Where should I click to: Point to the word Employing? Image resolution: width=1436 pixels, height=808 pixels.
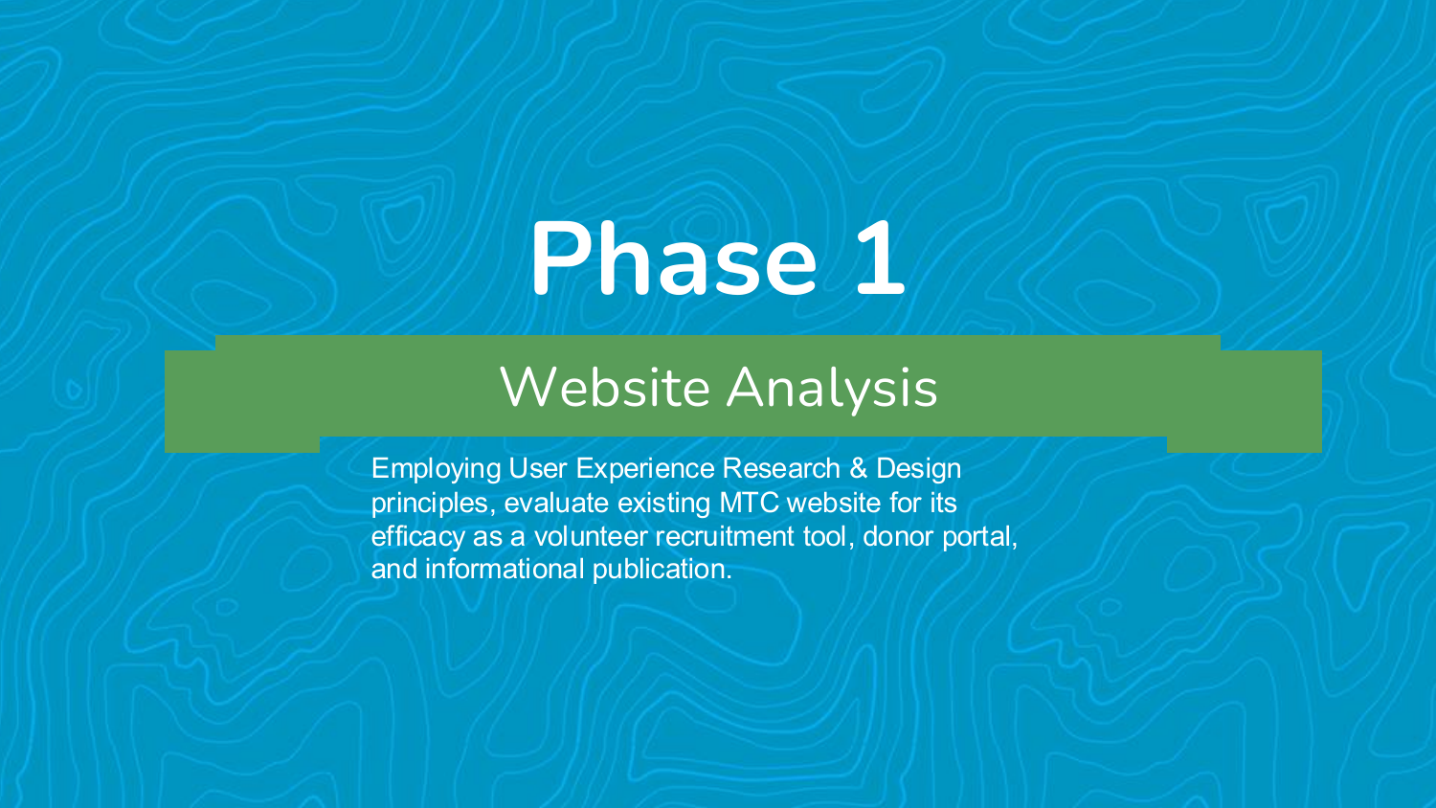point(436,469)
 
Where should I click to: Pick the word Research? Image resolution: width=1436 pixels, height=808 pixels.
point(780,468)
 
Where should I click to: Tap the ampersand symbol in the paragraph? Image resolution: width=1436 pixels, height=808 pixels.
point(858,468)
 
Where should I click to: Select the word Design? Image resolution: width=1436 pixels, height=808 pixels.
point(918,469)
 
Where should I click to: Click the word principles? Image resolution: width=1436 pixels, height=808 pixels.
point(429,503)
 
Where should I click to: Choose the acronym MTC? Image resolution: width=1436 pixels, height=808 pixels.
point(749,502)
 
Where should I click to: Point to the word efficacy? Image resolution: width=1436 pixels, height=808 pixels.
point(417,536)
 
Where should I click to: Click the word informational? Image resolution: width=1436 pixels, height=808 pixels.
point(505,569)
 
